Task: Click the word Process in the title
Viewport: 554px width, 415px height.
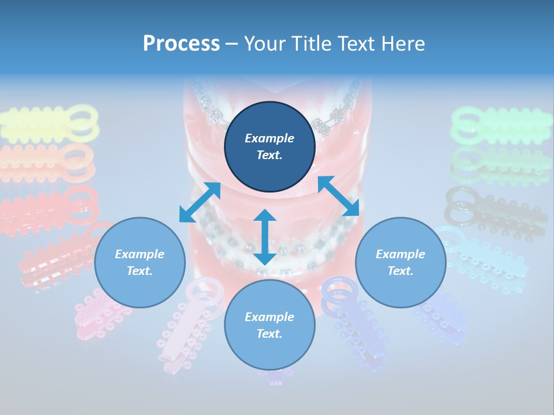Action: [x=181, y=44]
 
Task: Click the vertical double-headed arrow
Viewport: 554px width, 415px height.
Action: [x=265, y=237]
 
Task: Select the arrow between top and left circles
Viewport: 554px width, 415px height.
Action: [x=200, y=202]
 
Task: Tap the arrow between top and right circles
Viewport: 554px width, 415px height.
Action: [x=338, y=196]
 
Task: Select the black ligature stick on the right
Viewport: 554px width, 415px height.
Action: [x=496, y=213]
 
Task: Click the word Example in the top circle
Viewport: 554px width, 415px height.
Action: [x=269, y=138]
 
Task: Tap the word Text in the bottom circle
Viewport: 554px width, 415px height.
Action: [x=269, y=334]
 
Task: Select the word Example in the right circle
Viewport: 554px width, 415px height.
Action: [x=400, y=254]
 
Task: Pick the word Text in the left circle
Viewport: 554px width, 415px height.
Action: [x=140, y=271]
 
